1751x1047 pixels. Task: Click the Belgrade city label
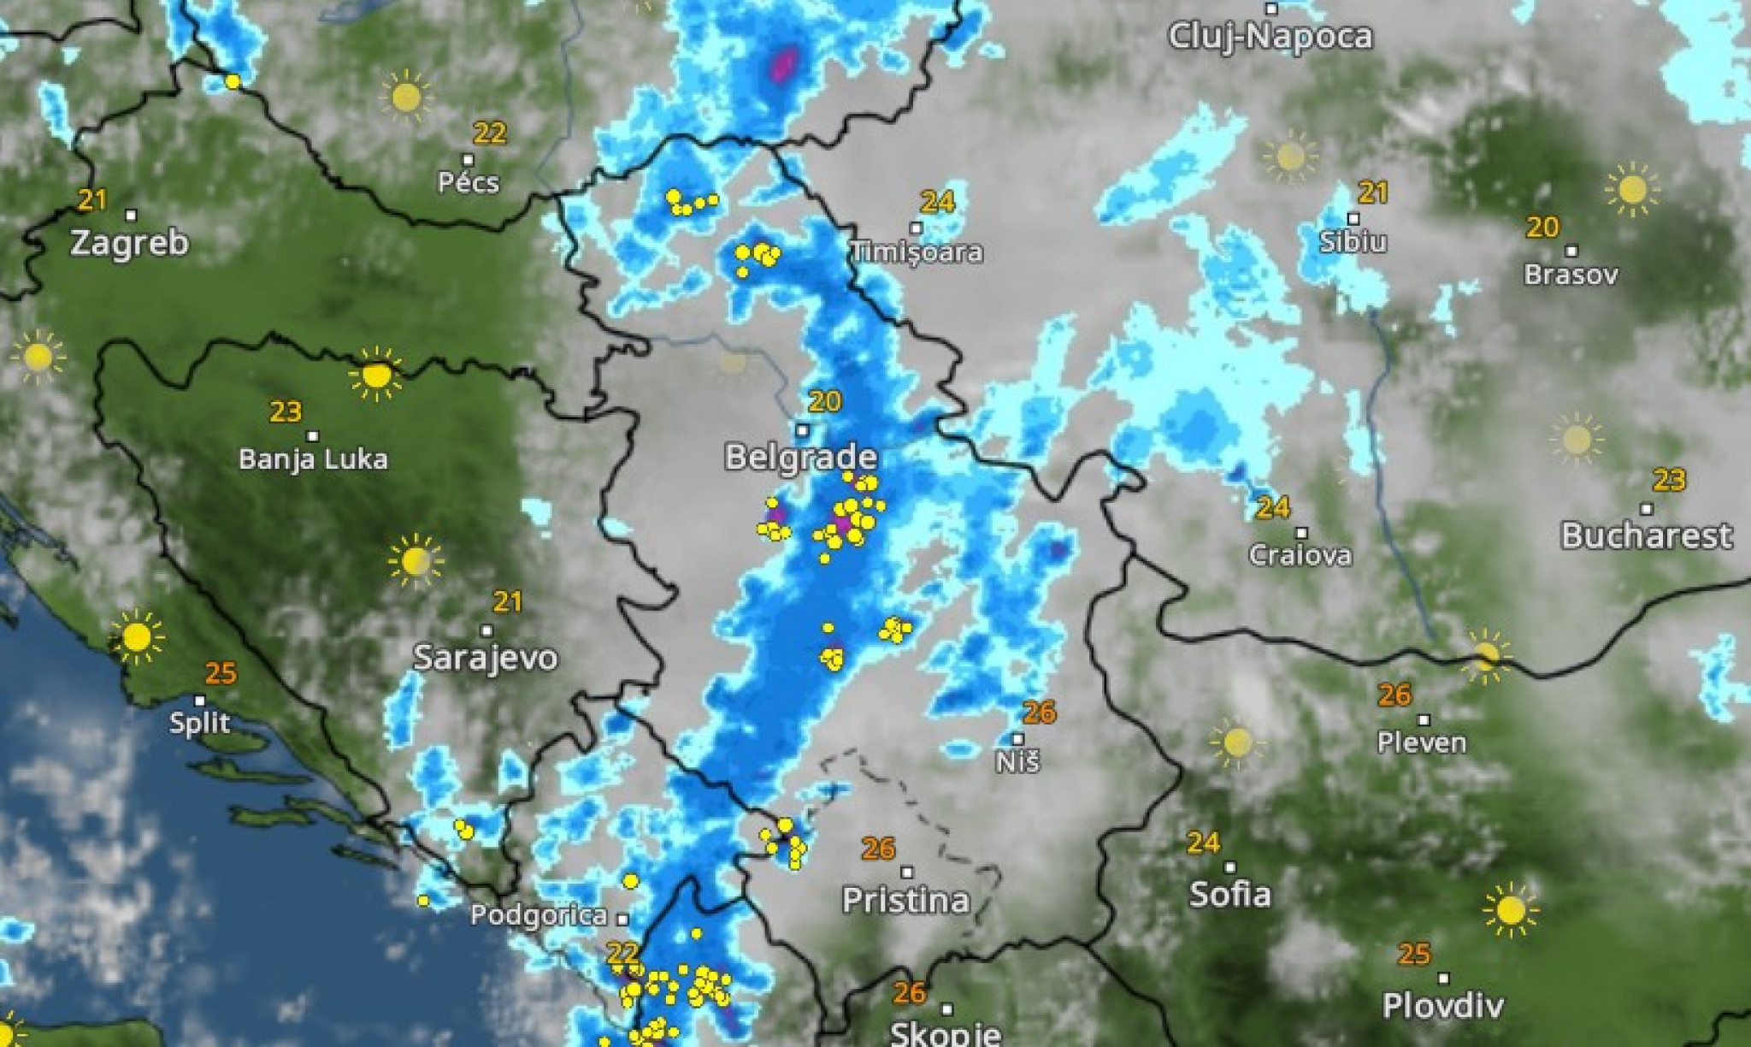(x=800, y=457)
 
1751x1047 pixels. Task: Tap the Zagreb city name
(x=129, y=243)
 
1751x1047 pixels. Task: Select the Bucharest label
(x=1647, y=536)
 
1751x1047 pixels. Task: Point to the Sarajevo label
(x=485, y=658)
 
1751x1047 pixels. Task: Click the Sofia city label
(x=1230, y=895)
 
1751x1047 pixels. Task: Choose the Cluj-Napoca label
(x=1271, y=37)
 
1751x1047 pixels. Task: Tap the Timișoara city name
(x=917, y=252)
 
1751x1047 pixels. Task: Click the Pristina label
(x=905, y=900)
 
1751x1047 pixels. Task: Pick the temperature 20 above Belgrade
(x=825, y=401)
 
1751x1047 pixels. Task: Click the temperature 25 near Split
(x=221, y=673)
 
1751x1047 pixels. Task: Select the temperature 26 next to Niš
(x=1040, y=712)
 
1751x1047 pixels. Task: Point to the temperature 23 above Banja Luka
(x=286, y=412)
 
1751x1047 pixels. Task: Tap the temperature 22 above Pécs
(x=490, y=133)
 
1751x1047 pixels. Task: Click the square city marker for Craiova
(x=1301, y=533)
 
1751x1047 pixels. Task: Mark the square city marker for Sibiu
(x=1353, y=219)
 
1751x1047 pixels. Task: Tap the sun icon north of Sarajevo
(x=416, y=561)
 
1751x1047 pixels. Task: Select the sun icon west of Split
(x=137, y=637)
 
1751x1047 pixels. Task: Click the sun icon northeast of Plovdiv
(x=1511, y=910)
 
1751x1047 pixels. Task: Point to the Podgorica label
(x=539, y=916)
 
